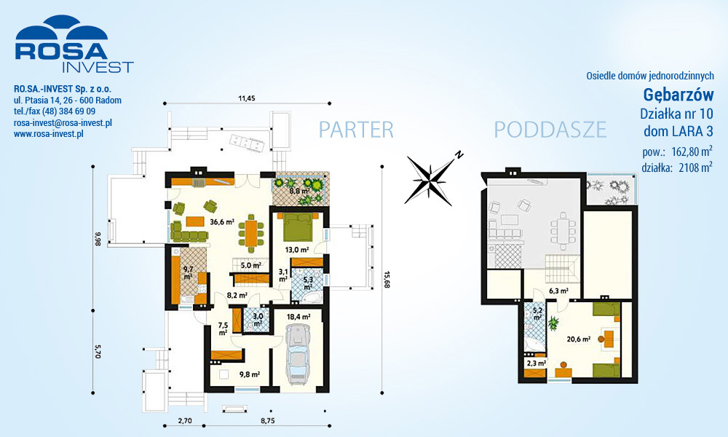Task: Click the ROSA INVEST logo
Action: [74, 44]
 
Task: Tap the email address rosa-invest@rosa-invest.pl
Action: [63, 123]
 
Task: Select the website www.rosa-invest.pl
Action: [48, 134]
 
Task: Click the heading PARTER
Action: [356, 130]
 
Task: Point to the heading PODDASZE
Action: [550, 130]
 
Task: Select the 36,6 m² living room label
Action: [222, 222]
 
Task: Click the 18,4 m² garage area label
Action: [298, 317]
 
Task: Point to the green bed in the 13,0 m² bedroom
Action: [297, 228]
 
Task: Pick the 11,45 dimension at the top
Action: [247, 98]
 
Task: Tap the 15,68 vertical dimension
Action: [387, 280]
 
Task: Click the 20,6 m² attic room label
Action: [579, 339]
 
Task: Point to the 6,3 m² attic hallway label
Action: [558, 291]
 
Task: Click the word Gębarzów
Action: [678, 95]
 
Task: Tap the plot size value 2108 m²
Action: [696, 168]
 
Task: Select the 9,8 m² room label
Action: [249, 374]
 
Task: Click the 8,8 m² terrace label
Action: [299, 191]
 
